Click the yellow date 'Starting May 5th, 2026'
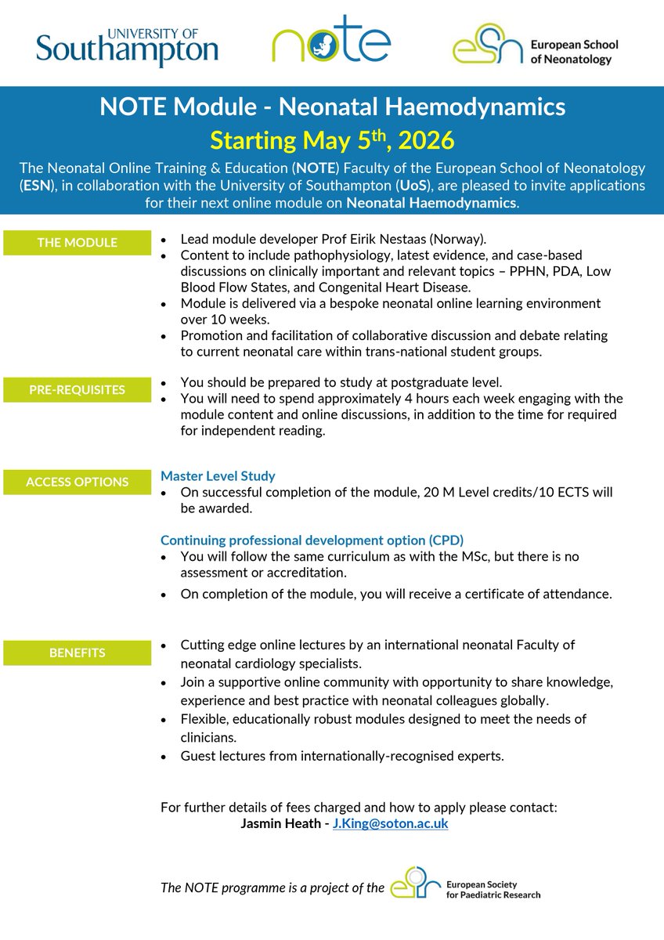click(x=332, y=141)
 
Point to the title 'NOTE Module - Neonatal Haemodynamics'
click(x=332, y=107)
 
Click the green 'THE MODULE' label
click(x=77, y=243)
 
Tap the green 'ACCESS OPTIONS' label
click(x=77, y=483)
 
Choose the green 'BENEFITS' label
click(x=77, y=652)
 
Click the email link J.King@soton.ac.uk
click(x=390, y=824)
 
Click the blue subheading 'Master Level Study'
click(x=218, y=475)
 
